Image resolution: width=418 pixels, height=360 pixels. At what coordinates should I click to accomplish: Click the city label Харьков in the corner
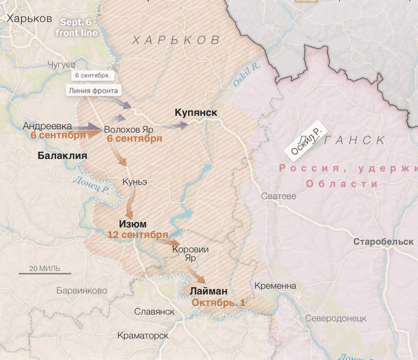[29, 18]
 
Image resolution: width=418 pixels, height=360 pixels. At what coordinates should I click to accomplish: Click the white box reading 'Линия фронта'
[93, 90]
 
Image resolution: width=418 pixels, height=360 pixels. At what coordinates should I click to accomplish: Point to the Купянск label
[196, 113]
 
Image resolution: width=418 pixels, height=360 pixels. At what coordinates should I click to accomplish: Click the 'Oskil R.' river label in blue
[247, 75]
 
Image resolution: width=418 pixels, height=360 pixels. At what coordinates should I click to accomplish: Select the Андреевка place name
[47, 126]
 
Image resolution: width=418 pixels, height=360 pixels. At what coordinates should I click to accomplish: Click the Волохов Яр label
[128, 129]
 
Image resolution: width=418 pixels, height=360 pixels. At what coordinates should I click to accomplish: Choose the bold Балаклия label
[62, 156]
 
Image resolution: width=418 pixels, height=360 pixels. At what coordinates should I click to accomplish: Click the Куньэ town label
[134, 182]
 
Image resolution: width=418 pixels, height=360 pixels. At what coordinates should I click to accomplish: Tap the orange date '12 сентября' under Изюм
[137, 234]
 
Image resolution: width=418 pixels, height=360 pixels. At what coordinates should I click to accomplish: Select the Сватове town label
[278, 196]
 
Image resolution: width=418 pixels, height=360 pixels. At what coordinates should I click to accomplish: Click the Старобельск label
[383, 242]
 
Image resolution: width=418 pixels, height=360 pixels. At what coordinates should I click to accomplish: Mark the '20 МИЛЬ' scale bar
[45, 271]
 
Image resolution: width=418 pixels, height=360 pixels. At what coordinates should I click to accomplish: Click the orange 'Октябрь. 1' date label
[218, 302]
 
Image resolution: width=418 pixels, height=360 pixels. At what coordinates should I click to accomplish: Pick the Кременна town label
[275, 286]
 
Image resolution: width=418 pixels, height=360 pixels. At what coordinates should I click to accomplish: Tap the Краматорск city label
[143, 335]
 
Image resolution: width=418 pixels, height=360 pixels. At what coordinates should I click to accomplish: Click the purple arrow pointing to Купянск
[180, 125]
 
